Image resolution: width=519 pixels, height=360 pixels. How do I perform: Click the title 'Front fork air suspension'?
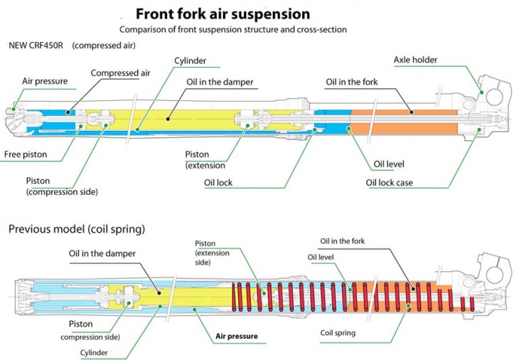223,14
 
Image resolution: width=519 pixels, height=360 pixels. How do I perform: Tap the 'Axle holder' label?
416,60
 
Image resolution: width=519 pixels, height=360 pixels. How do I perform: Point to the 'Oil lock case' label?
389,183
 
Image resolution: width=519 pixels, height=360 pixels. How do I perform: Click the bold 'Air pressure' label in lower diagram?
236,336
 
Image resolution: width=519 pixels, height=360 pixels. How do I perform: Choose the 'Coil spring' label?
338,332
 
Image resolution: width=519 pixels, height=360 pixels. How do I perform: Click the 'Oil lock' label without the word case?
218,183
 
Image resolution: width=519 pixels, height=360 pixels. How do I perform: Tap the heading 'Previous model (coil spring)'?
76,230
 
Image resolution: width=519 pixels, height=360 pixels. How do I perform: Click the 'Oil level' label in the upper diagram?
389,164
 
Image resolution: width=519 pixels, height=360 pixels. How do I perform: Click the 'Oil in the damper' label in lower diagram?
102,254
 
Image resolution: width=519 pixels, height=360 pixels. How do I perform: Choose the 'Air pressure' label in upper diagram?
45,81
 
